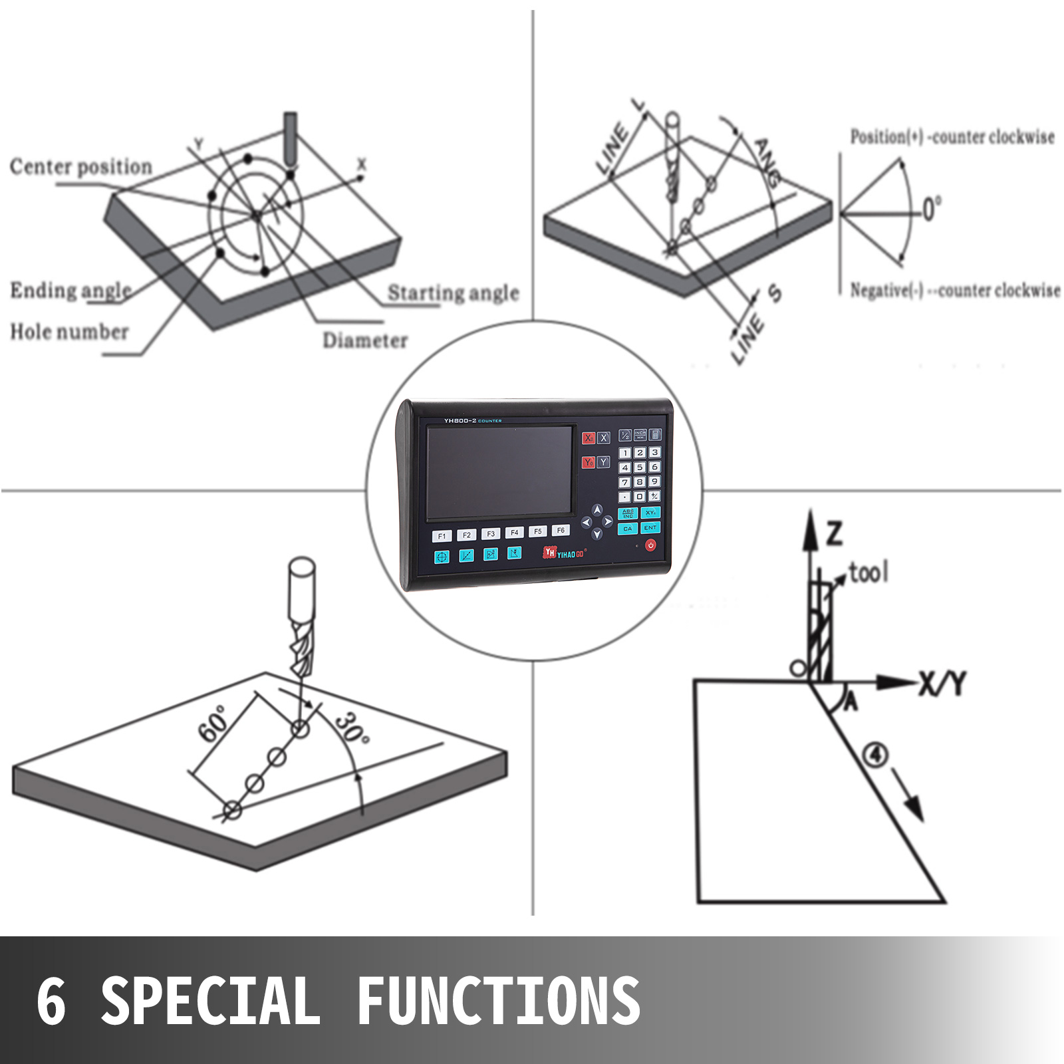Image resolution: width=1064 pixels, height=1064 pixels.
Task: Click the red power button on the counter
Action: [x=650, y=545]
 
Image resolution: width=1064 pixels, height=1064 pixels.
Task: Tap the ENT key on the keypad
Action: [x=650, y=528]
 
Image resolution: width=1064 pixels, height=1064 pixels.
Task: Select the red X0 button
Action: [x=589, y=438]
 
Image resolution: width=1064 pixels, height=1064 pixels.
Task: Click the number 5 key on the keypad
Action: [x=640, y=467]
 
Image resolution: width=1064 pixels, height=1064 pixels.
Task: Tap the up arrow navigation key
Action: [x=597, y=510]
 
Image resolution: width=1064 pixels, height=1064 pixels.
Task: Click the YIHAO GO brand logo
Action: [x=565, y=553]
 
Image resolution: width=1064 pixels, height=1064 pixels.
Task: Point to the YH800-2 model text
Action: [x=460, y=420]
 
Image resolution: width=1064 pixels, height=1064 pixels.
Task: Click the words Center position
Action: [x=80, y=166]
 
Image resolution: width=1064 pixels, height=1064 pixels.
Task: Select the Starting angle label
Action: [x=453, y=293]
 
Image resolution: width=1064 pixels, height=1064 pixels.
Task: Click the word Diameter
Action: [x=365, y=340]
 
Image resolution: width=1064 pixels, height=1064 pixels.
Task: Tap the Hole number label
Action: [x=69, y=331]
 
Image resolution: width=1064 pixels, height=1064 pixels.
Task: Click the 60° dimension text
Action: [x=214, y=724]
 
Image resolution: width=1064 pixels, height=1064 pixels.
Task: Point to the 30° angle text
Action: [x=352, y=729]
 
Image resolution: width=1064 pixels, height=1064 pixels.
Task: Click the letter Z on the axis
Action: [x=834, y=533]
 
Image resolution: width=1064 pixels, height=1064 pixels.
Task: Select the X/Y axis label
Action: [x=942, y=683]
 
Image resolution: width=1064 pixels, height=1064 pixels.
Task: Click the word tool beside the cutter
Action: [x=868, y=572]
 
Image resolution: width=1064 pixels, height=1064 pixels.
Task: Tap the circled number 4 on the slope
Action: [x=875, y=755]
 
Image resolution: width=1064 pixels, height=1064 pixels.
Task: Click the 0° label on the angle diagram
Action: [x=931, y=209]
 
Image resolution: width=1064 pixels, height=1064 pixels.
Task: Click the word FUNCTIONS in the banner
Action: [x=498, y=1001]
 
